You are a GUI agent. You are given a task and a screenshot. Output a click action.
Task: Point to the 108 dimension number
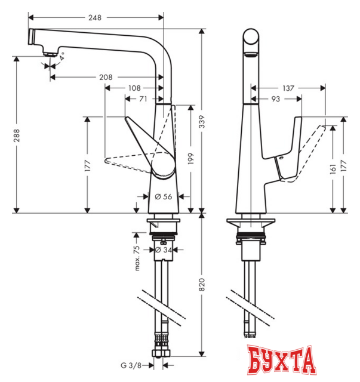click(135, 88)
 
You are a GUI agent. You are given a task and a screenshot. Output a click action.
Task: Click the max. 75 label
click(137, 258)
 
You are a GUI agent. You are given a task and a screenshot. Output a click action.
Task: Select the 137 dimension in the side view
click(288, 88)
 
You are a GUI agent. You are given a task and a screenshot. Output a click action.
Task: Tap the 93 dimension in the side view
click(275, 99)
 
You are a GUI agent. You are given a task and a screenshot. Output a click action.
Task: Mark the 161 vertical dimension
click(333, 169)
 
